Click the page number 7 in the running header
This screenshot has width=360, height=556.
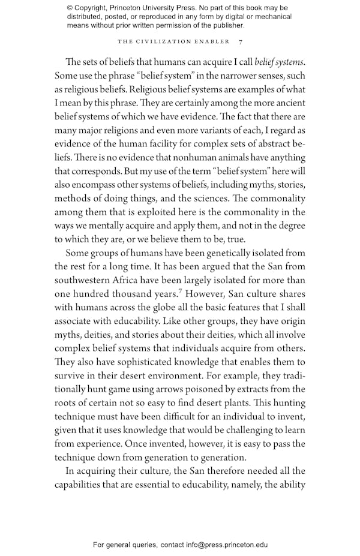point(241,41)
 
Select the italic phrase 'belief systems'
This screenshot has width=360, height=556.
point(280,61)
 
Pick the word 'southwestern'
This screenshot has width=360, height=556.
point(82,280)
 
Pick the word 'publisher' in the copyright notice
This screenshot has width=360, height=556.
point(227,26)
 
